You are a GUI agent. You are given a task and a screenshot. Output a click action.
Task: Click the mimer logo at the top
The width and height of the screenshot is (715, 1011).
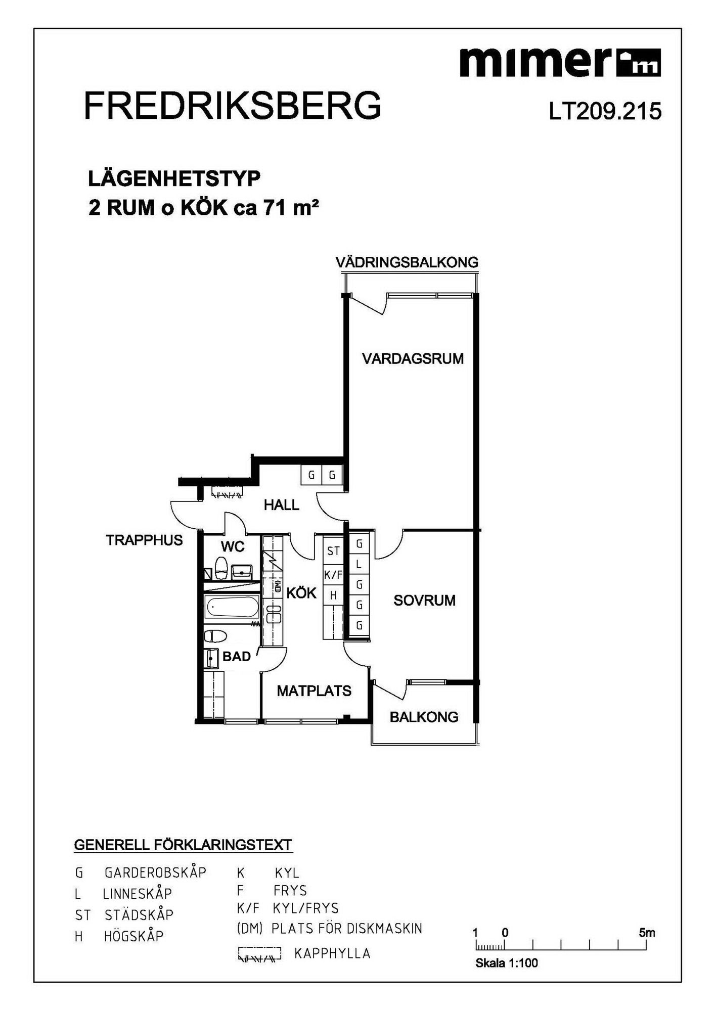(x=560, y=62)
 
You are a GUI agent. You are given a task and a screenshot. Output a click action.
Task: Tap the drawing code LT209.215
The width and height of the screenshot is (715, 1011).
(x=605, y=111)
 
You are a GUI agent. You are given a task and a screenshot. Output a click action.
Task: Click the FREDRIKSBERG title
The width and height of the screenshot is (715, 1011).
(x=233, y=106)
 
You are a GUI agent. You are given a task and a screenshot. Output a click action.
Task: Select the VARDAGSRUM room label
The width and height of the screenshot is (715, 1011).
(x=413, y=358)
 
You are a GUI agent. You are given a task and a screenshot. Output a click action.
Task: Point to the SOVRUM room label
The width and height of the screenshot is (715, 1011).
(x=424, y=600)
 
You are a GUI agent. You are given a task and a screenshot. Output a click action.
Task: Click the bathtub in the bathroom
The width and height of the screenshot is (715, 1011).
(x=232, y=607)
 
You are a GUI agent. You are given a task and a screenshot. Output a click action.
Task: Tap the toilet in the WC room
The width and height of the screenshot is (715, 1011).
(x=221, y=568)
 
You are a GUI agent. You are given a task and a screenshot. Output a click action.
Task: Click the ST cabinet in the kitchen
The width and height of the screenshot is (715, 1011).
(x=333, y=551)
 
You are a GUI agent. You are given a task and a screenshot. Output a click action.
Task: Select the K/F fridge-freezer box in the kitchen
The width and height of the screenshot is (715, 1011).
(x=333, y=575)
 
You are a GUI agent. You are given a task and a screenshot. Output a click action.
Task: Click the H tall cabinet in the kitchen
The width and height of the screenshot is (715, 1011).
(x=333, y=596)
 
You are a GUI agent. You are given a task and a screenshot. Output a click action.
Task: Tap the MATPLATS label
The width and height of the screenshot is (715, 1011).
(x=314, y=691)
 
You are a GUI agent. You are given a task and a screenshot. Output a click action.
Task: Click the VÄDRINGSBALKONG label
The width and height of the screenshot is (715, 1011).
(x=407, y=262)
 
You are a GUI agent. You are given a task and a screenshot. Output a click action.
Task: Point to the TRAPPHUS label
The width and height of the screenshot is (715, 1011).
(x=144, y=540)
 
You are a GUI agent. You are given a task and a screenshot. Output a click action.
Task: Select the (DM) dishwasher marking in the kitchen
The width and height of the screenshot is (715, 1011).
(x=277, y=586)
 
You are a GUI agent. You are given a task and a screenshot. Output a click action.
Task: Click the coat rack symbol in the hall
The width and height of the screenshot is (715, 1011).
(x=226, y=492)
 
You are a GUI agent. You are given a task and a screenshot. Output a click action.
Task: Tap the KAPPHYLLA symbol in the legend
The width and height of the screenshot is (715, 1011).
(x=259, y=953)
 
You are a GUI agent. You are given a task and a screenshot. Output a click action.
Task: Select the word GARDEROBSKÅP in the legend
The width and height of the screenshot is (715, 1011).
(x=155, y=872)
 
